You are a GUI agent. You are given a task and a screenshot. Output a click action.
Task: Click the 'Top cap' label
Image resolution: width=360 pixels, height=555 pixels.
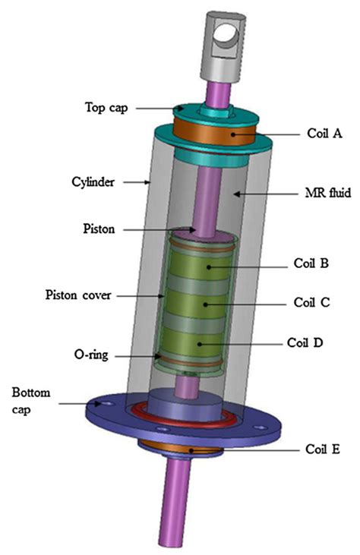pos(106,107)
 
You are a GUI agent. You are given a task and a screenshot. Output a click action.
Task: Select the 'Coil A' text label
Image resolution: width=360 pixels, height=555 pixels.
pos(324,134)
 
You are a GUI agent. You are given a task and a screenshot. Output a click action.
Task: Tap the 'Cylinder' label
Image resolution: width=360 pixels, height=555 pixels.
pos(93,182)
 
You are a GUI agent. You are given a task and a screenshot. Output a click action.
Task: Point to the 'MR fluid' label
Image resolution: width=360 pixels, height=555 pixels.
pos(328,193)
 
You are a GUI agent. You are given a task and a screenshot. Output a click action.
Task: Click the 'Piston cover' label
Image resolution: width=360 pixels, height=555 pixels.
pos(78,295)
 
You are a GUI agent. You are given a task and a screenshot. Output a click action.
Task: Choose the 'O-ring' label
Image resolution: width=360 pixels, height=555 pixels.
pos(91,355)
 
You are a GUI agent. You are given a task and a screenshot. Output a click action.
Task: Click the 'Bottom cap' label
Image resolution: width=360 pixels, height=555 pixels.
pos(30,401)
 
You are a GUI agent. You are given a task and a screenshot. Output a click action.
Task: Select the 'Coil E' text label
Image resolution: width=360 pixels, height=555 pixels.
pos(323,449)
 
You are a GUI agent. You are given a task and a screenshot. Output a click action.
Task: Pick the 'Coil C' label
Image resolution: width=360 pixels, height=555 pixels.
pos(311,302)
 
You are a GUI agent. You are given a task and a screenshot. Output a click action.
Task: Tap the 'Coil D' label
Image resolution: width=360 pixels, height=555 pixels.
pos(305,342)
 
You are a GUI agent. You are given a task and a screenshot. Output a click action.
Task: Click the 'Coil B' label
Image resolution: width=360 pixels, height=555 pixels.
pos(311,263)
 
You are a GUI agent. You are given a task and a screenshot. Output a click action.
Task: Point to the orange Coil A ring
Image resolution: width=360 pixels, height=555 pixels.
pos(214,133)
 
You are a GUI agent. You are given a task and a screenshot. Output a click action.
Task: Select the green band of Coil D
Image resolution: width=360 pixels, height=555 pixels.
pos(194,342)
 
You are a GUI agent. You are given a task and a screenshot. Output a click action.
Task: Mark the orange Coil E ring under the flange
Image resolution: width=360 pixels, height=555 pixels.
pos(182,448)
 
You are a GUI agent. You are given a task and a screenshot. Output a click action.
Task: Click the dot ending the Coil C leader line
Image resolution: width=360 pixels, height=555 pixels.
pos(205,304)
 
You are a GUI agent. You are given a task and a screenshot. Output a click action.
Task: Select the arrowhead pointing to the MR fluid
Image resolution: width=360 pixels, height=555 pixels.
pos(236,194)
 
